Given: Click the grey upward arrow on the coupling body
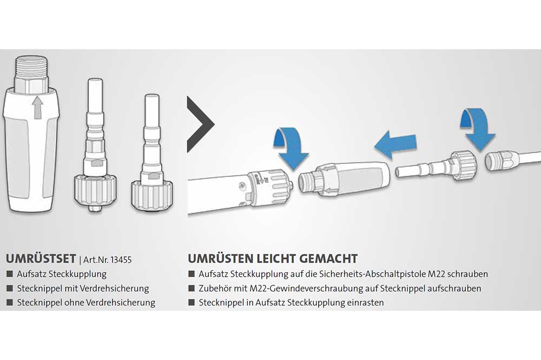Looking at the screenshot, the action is (x=38, y=108).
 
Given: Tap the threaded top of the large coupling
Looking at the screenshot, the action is (x=31, y=69).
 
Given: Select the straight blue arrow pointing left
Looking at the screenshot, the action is (x=396, y=144).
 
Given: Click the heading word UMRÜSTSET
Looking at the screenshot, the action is (x=41, y=258).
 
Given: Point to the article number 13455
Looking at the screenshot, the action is (x=121, y=259).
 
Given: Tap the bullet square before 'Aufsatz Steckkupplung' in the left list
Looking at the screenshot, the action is (x=10, y=274).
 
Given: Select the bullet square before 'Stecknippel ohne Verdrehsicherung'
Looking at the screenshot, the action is (x=10, y=302).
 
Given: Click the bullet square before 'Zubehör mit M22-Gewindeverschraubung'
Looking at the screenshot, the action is (x=192, y=288).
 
